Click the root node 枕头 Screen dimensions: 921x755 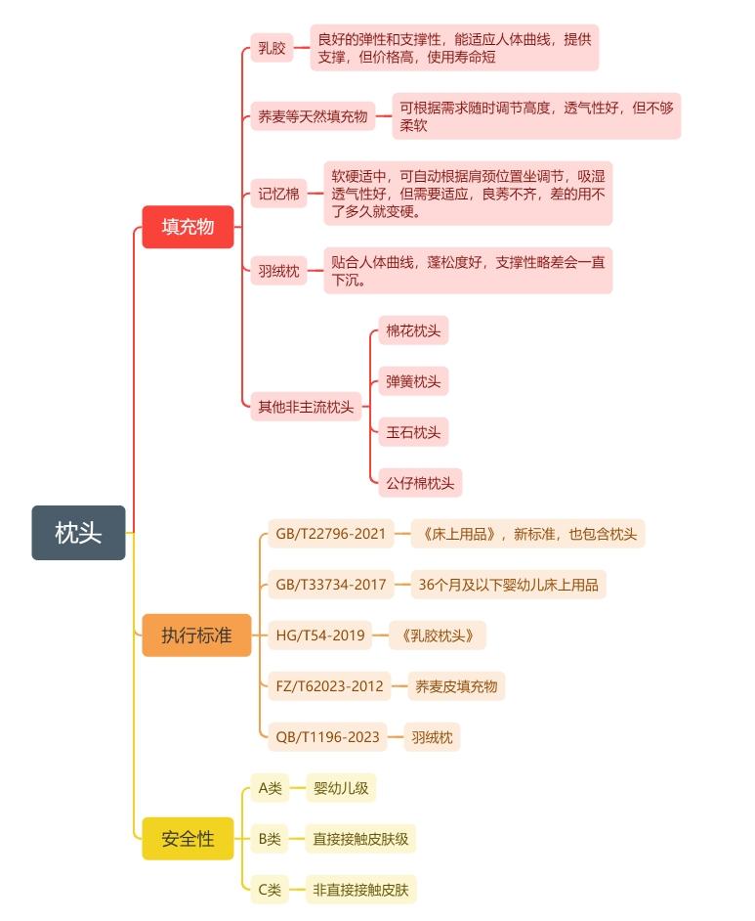(x=78, y=533)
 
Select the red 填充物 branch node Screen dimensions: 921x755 (x=188, y=227)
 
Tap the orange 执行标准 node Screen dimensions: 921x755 (x=196, y=636)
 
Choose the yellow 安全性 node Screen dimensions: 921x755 (x=188, y=839)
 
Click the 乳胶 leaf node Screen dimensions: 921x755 (x=272, y=48)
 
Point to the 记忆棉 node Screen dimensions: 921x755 (x=278, y=194)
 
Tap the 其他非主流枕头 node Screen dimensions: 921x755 (x=306, y=407)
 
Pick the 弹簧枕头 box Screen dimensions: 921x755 (x=413, y=381)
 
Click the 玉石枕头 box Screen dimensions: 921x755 (x=413, y=432)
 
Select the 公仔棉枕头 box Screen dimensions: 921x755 (x=420, y=483)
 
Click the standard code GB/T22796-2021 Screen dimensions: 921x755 (x=330, y=534)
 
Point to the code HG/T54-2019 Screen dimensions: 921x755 (x=320, y=636)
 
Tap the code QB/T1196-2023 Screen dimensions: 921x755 (x=327, y=737)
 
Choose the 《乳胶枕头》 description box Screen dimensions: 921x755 (x=437, y=636)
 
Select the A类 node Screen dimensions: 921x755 (x=269, y=788)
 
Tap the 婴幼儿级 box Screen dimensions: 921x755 (x=340, y=788)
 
